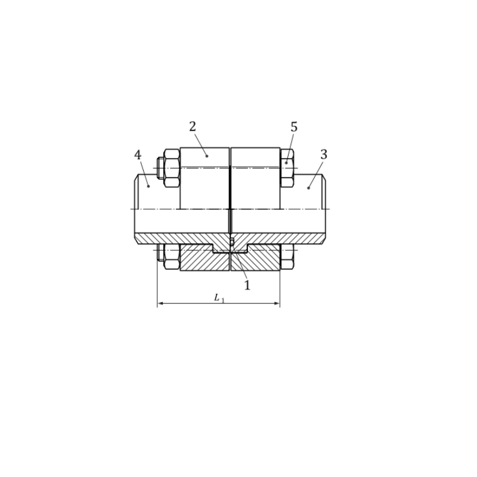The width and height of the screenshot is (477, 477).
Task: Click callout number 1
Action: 247,286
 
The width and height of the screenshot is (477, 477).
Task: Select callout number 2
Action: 193,126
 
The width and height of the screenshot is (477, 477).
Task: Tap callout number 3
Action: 324,154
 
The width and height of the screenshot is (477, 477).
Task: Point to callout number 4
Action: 138,155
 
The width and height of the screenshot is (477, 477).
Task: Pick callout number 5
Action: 293,127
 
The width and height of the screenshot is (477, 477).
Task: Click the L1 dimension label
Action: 219,298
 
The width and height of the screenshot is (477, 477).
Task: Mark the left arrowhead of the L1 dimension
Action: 160,303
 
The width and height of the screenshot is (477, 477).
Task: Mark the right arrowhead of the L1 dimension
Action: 276,303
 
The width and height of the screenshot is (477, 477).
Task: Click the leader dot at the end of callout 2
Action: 207,156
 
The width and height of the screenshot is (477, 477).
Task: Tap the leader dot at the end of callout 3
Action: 308,188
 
